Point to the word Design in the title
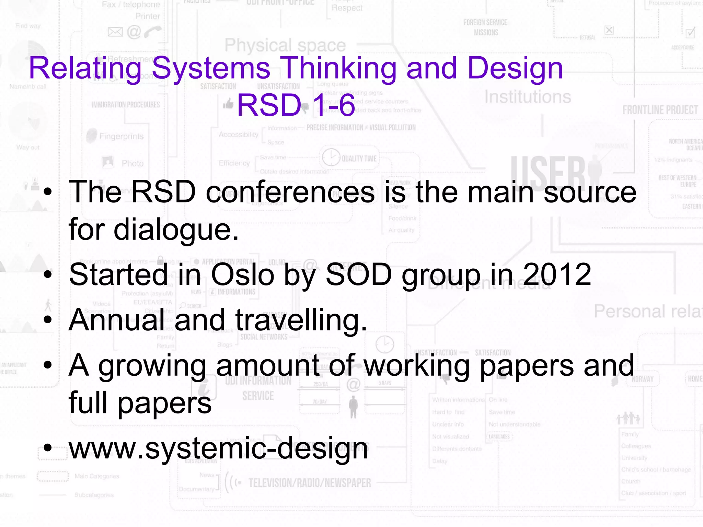pos(515,68)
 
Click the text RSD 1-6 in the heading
pos(296,105)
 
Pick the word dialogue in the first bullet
pos(176,230)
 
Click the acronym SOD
pos(359,274)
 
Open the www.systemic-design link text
pos(219,448)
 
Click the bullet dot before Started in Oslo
pos(48,274)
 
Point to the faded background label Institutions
pos(528,97)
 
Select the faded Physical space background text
pos(285,45)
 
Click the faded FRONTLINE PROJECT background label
pos(660,110)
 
